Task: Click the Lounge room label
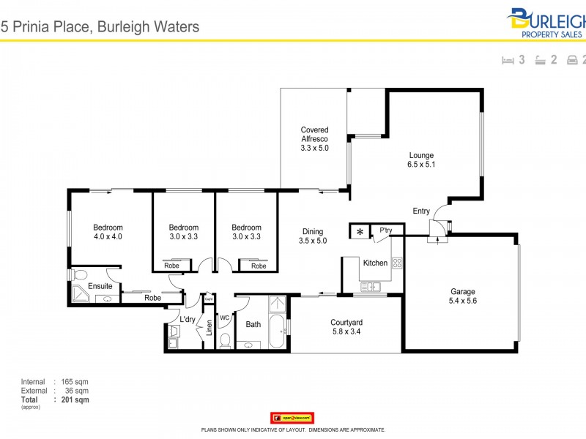pos(421,155)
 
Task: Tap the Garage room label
pos(463,292)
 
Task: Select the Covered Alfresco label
pos(314,135)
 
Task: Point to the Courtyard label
pos(346,323)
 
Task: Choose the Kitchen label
pos(375,263)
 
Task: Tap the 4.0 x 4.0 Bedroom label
pos(108,228)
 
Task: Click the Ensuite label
pos(100,286)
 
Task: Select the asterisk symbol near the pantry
pos(360,232)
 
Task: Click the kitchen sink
pos(369,288)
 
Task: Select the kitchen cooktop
pos(398,262)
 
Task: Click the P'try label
pos(386,231)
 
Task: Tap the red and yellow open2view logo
pos(292,418)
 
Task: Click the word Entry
pos(421,211)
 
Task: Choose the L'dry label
pos(188,320)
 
